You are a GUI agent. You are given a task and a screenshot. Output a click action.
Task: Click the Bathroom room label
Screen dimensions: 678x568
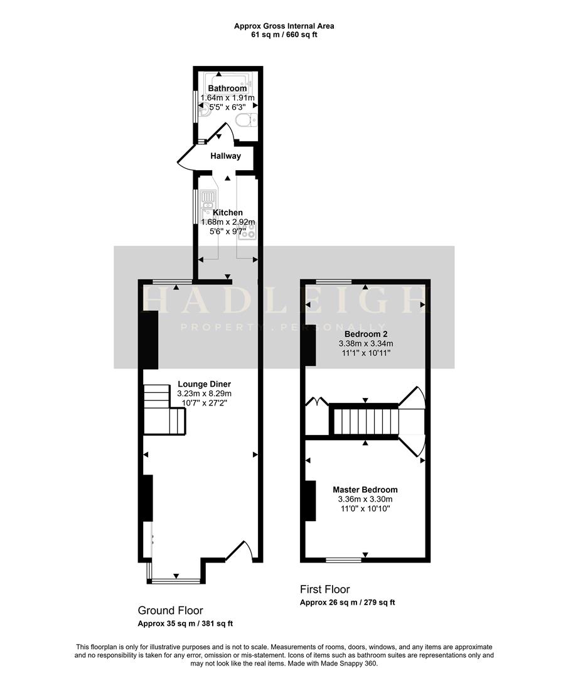(x=227, y=89)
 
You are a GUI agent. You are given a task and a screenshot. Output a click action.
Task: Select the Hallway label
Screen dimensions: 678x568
(x=225, y=156)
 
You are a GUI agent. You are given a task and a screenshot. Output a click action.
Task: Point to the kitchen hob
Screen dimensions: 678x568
(x=247, y=230)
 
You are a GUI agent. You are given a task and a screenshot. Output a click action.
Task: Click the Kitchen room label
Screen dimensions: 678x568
(x=227, y=213)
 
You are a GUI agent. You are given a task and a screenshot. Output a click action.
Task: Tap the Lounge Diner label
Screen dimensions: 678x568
(x=204, y=384)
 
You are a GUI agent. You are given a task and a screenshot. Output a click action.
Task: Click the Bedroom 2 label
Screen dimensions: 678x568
(x=365, y=334)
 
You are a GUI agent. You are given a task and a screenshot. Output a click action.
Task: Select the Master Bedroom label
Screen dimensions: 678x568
(x=365, y=490)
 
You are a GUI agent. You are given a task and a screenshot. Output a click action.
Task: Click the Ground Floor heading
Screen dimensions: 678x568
(x=170, y=610)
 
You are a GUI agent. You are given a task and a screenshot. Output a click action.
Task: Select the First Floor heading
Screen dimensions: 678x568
(x=324, y=589)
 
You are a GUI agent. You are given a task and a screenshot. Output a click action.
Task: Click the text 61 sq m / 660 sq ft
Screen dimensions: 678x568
(x=284, y=35)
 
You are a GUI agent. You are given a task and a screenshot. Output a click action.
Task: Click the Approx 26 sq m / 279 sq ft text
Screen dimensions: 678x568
(x=348, y=603)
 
